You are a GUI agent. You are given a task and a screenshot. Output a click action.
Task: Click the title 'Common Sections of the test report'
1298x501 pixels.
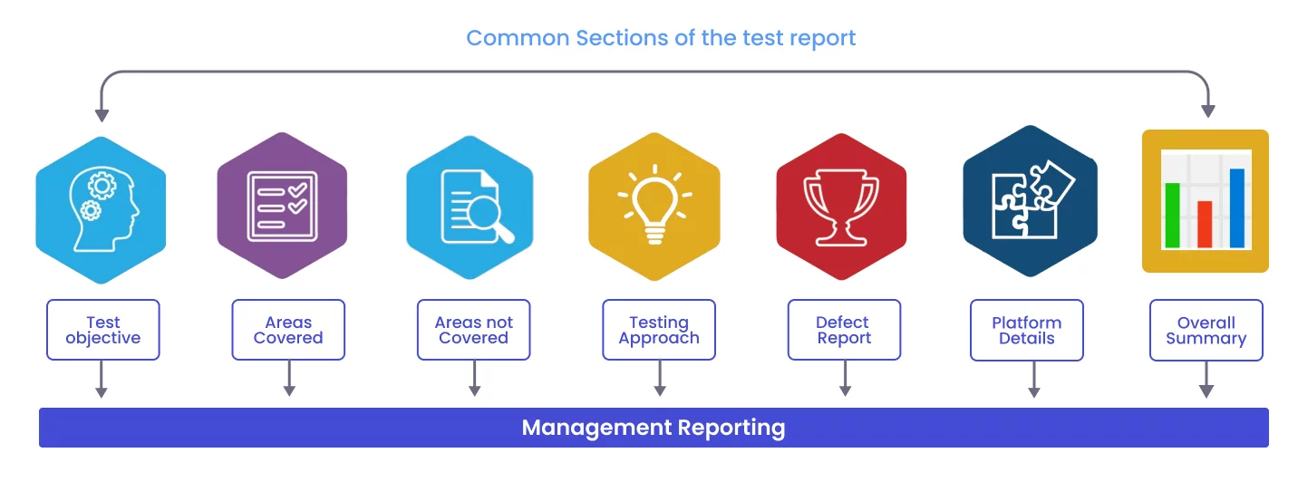[x=661, y=38]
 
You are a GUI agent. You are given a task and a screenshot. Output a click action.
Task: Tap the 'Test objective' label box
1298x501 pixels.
[x=103, y=330]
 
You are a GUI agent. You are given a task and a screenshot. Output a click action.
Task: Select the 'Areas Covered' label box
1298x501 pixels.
[x=288, y=330]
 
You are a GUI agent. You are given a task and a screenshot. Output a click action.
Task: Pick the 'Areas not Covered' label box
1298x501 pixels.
[x=474, y=330]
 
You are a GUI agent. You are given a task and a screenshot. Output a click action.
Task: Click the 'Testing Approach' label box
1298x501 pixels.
[x=659, y=330]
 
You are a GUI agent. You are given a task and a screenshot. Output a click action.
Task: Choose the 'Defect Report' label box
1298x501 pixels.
[x=844, y=330]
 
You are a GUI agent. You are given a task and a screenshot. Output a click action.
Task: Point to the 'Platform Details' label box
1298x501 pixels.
[x=1027, y=330]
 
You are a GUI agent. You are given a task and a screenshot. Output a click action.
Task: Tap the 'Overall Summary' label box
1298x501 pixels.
[x=1206, y=330]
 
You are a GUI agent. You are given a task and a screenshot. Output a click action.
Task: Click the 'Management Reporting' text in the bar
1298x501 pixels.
[x=654, y=428]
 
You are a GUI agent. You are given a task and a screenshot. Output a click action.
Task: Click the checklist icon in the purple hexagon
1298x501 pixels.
[x=283, y=207]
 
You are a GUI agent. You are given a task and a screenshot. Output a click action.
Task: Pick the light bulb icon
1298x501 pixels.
[x=654, y=206]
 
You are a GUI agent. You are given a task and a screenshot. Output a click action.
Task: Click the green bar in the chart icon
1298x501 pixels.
[x=1173, y=215]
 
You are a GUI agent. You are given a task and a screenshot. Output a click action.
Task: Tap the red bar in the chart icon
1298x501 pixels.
[x=1205, y=224]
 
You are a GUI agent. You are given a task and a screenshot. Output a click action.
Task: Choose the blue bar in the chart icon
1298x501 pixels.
[x=1237, y=207]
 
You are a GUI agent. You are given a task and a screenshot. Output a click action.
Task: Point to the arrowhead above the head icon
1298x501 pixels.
[x=102, y=114]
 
